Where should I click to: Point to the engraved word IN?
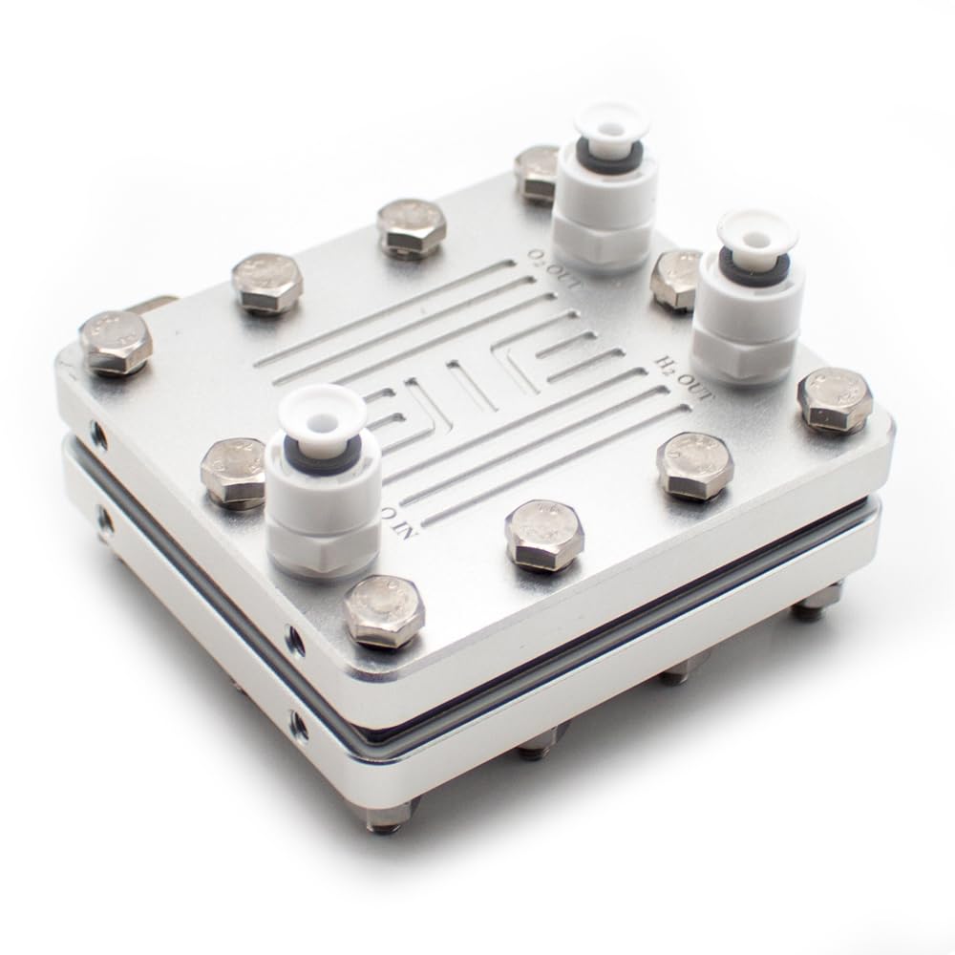[x=393, y=522]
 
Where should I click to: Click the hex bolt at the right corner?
[x=834, y=398]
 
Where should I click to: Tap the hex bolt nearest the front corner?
[x=382, y=609]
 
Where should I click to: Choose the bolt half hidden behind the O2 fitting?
[x=537, y=170]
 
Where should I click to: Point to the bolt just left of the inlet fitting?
[x=233, y=471]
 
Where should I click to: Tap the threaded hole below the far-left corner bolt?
[x=97, y=435]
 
